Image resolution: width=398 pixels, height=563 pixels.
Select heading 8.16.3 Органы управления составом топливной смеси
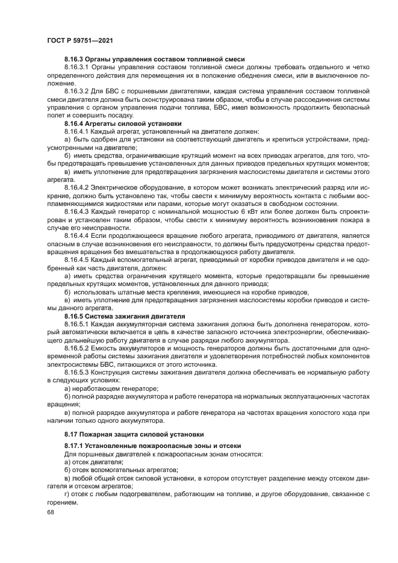tap(154, 59)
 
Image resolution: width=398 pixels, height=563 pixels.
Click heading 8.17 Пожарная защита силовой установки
tap(134, 434)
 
